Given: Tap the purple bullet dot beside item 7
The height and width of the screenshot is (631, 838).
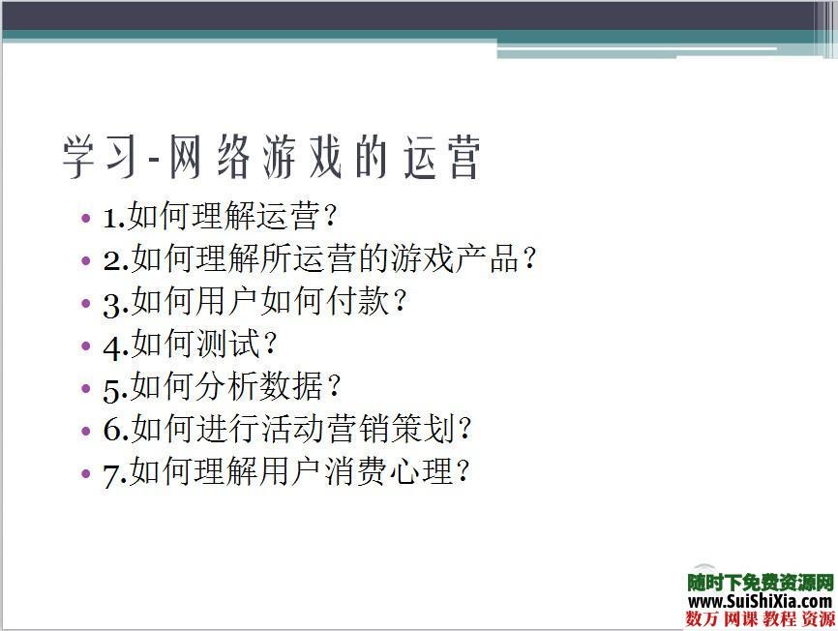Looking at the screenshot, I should (87, 474).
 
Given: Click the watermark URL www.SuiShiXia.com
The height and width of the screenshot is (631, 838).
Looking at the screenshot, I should (761, 602).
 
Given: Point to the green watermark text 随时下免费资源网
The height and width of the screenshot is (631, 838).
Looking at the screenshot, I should (761, 583).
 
